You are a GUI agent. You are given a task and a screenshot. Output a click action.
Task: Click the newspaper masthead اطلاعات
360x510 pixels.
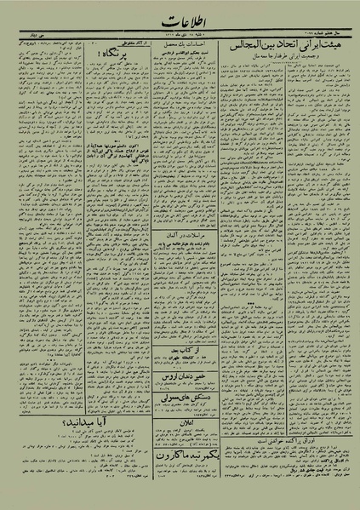pyautogui.click(x=180, y=16)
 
